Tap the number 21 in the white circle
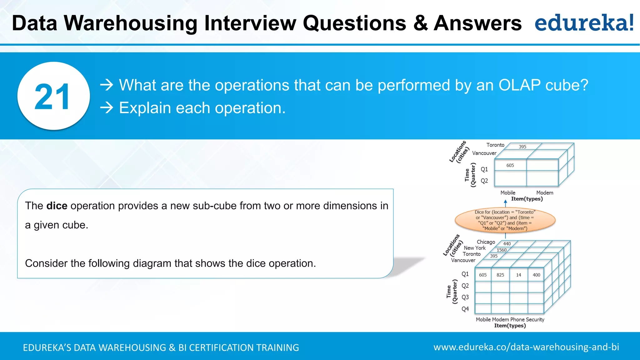point(52,97)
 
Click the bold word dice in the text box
point(57,206)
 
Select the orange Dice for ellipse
point(505,220)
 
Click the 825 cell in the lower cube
point(500,275)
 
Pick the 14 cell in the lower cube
point(518,275)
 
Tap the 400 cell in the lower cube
point(536,275)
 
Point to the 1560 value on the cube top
point(502,250)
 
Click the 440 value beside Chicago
point(507,244)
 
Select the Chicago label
point(486,242)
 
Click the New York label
point(475,248)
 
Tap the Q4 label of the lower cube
point(465,309)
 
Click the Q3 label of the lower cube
point(465,297)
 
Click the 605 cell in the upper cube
point(510,165)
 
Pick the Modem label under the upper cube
point(545,193)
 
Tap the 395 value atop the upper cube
point(522,147)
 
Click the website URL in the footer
point(526,347)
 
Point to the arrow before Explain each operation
point(107,108)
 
